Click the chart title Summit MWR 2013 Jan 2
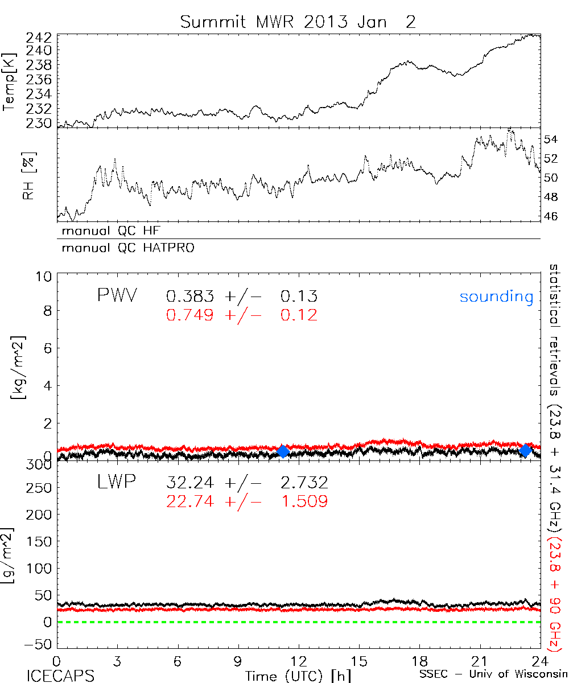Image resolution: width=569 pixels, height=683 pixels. tap(298, 22)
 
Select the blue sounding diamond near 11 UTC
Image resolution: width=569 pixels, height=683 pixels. tap(283, 451)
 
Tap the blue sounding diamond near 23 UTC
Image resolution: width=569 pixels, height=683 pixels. tap(526, 450)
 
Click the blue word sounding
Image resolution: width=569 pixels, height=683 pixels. tap(497, 297)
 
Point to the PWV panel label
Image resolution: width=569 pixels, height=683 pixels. tap(117, 296)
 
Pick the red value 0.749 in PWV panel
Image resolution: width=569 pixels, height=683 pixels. tap(191, 315)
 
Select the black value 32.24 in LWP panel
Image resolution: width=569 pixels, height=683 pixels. tap(191, 483)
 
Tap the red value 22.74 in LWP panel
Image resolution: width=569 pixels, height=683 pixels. tap(191, 501)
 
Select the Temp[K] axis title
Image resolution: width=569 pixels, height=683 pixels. tap(9, 84)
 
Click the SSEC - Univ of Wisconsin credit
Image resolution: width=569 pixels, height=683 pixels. tap(493, 674)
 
